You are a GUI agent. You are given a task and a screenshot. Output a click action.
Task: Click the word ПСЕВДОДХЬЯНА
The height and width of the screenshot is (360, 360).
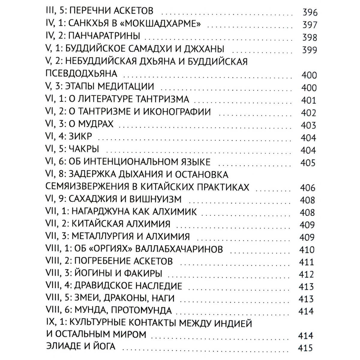click(x=81, y=74)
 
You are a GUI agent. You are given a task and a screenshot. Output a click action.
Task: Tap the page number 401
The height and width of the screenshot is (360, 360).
click(x=308, y=100)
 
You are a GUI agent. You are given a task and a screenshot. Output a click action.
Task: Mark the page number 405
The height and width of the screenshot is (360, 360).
click(x=308, y=163)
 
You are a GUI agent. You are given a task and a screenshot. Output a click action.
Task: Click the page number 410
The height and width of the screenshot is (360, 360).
click(x=307, y=250)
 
